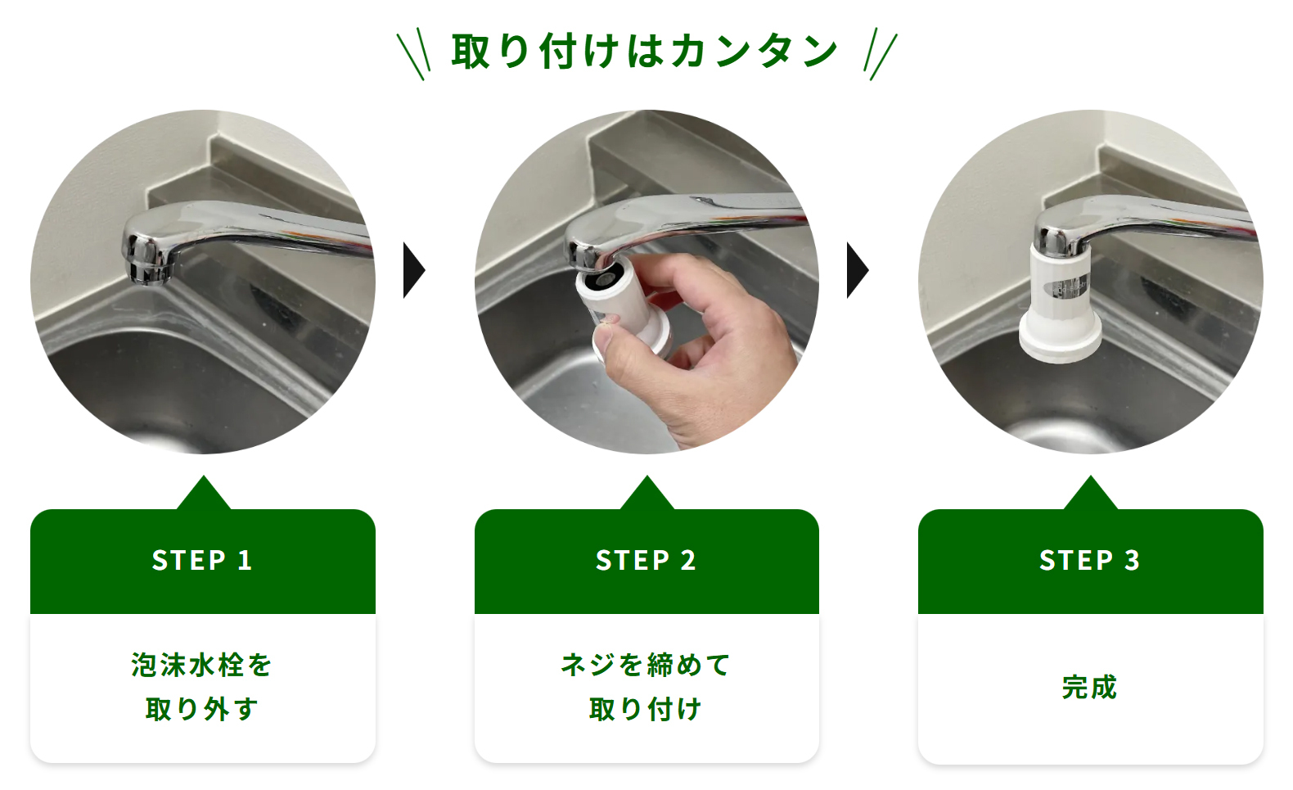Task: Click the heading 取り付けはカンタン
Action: [x=644, y=52]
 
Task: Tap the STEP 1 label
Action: [x=202, y=560]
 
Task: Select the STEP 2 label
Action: [x=646, y=560]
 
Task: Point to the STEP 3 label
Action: [x=1090, y=560]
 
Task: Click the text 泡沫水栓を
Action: [x=202, y=664]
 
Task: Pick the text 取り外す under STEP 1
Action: [x=202, y=709]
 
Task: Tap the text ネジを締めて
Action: [x=646, y=664]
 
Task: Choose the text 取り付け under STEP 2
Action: [x=646, y=709]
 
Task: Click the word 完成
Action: [x=1090, y=687]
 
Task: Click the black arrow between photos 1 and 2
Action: [x=412, y=270]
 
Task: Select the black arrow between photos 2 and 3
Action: [x=857, y=270]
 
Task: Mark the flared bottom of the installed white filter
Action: [x=1060, y=340]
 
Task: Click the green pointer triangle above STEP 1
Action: [x=203, y=493]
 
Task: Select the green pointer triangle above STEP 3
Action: [x=1090, y=493]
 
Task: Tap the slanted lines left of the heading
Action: [x=413, y=54]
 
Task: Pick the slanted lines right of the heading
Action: [x=881, y=54]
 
